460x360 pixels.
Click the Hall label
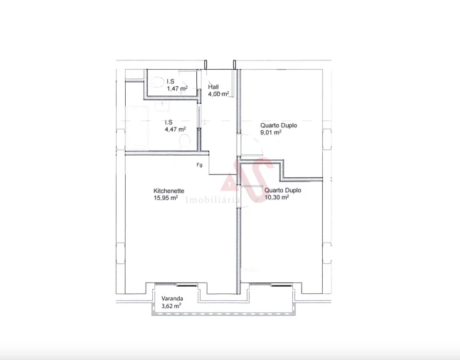[213, 88]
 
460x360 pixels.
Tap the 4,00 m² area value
[218, 95]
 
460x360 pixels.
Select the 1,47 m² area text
[177, 89]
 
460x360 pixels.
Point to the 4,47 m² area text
[175, 129]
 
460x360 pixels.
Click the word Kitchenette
[169, 191]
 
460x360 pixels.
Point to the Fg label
[200, 165]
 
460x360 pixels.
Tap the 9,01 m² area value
[271, 132]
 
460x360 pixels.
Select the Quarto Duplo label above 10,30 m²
[282, 191]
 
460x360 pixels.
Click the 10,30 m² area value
[277, 198]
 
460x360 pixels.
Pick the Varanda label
[171, 298]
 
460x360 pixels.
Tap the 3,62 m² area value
[171, 305]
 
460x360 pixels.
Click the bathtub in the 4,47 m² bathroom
[141, 129]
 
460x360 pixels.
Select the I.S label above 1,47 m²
[171, 82]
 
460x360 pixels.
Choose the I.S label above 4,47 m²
[169, 122]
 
